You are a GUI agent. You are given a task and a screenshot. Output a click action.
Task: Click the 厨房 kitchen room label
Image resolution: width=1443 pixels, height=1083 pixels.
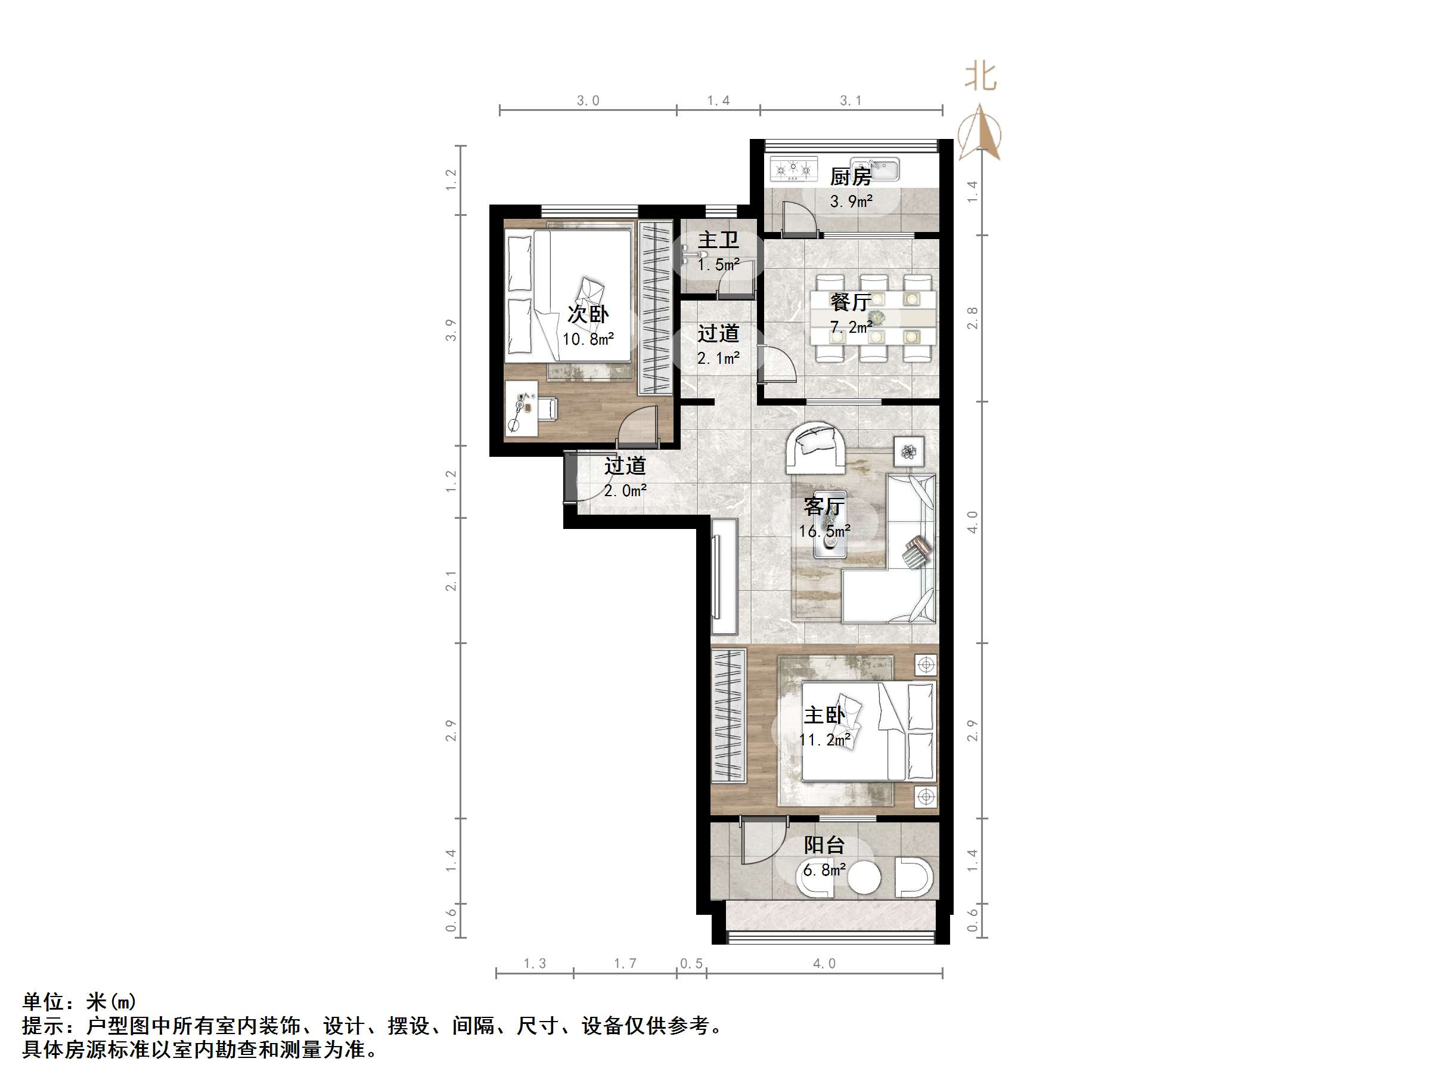[x=850, y=177]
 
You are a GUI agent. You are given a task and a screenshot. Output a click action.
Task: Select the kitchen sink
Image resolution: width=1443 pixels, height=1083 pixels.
[x=875, y=169]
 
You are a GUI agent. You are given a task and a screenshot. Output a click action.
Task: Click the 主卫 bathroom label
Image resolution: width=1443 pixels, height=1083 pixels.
[x=718, y=240]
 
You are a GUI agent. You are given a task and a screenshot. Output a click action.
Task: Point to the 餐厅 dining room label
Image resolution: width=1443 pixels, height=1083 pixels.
[x=850, y=302]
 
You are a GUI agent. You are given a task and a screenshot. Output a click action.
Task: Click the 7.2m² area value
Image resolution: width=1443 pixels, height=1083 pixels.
[x=851, y=327]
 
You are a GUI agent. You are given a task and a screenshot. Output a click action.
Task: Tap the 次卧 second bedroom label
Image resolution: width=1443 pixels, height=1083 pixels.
[x=587, y=314]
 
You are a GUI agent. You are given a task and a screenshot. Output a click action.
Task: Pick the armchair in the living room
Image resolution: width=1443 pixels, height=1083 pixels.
[x=815, y=448]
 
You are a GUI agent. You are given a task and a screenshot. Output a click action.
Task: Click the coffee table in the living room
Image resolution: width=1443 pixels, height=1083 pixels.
[x=830, y=524]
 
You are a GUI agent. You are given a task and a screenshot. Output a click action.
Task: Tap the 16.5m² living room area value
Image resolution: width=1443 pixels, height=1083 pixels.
[x=824, y=531]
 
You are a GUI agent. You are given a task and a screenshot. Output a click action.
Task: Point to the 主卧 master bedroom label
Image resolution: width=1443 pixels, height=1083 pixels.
[x=824, y=715]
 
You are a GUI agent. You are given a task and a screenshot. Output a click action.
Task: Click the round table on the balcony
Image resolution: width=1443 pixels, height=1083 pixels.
[x=864, y=877]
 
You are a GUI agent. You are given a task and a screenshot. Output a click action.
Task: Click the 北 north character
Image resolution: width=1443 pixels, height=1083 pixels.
[x=980, y=76]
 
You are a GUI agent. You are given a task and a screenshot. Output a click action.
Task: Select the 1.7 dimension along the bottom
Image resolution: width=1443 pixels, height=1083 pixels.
[x=624, y=964]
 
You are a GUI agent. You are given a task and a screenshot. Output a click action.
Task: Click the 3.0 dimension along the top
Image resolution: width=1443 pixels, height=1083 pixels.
[x=587, y=101]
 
